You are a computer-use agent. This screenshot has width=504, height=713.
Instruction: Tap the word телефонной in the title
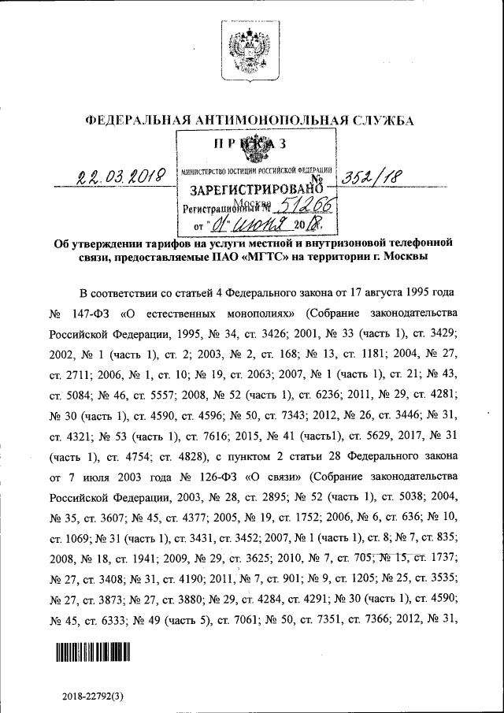tap(415, 243)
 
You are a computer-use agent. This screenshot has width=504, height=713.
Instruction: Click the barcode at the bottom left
tap(92, 653)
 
